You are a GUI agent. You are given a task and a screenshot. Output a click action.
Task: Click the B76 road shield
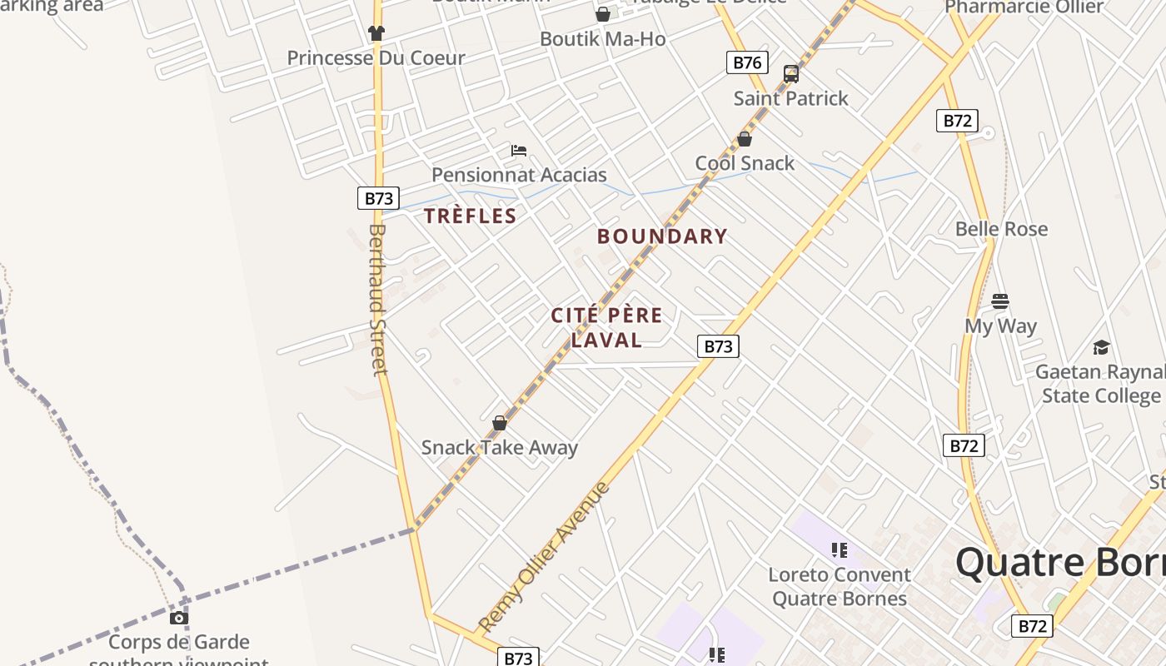pos(746,62)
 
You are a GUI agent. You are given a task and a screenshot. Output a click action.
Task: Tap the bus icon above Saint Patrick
pos(791,74)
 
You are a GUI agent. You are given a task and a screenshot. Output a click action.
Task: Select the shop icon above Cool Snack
pos(745,139)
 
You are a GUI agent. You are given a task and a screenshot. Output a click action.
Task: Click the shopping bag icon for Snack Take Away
pos(500,423)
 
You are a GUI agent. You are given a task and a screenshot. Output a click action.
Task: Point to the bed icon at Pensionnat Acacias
pos(519,151)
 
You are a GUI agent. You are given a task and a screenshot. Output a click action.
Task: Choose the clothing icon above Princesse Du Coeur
pos(376,33)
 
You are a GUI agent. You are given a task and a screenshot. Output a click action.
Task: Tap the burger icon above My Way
pos(1000,301)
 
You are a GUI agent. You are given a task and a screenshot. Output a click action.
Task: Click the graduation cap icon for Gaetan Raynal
pos(1101,347)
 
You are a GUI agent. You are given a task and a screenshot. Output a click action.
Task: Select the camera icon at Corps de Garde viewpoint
pos(179,618)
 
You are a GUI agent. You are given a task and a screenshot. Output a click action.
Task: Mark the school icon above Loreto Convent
pos(839,550)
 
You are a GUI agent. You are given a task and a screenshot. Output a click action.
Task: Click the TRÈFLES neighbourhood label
pos(471,216)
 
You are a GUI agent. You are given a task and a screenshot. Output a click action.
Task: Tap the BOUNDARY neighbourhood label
pos(662,236)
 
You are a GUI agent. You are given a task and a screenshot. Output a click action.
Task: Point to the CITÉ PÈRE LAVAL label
pos(607,327)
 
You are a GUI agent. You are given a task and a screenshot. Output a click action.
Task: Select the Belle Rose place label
pos(1001,229)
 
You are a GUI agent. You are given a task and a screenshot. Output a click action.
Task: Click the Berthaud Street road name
pos(378,300)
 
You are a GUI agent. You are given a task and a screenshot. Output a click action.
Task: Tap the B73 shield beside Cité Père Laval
pos(717,346)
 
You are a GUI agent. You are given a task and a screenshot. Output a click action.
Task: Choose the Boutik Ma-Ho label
pos(602,38)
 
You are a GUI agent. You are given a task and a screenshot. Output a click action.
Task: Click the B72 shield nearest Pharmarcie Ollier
pos(957,121)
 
